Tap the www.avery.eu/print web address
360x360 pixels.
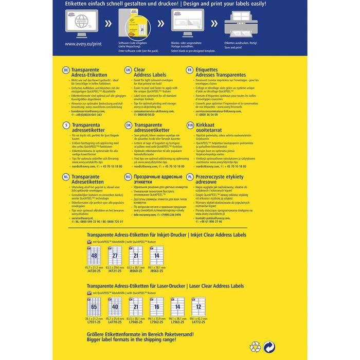coord(81,44)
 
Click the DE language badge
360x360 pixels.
coord(65,69)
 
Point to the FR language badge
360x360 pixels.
coord(190,69)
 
